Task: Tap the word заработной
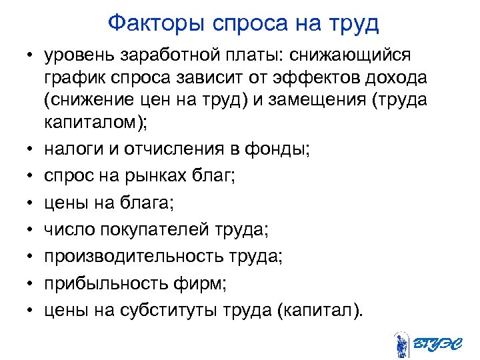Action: click(x=169, y=53)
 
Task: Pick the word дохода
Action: click(x=393, y=79)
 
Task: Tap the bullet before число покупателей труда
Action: click(x=31, y=231)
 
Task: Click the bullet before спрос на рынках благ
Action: click(x=31, y=177)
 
